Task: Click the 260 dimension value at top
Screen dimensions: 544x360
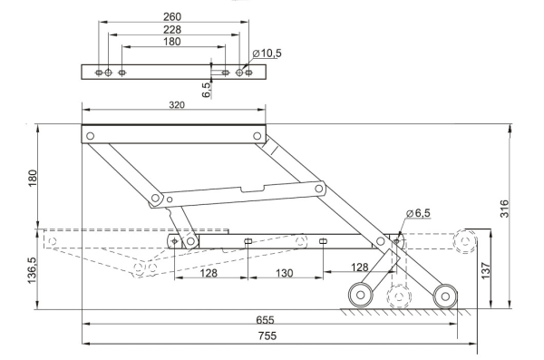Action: (172, 16)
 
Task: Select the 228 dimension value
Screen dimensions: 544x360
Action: (172, 30)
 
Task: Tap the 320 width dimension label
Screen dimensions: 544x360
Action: (177, 105)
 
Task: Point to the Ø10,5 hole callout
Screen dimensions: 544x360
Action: (267, 54)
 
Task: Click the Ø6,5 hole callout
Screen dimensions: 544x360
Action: (418, 213)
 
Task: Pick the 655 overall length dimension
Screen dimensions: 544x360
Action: (265, 320)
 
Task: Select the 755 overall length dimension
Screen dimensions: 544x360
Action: (267, 336)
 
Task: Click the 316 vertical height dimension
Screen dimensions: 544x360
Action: (504, 209)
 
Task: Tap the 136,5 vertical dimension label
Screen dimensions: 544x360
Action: (32, 270)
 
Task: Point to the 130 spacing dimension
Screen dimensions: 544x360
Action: (284, 273)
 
